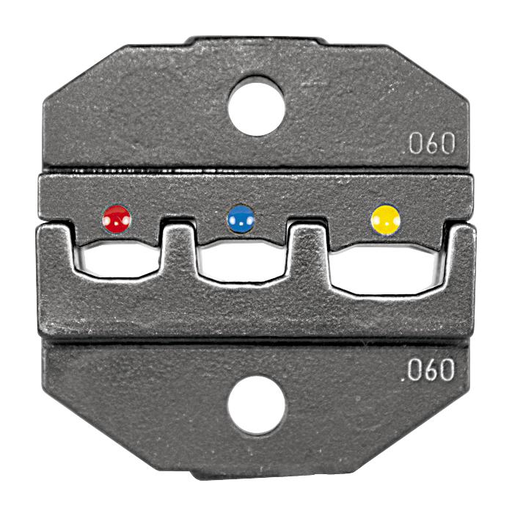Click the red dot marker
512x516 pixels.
117,218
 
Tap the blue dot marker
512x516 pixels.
241,219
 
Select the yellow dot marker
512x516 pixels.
385,218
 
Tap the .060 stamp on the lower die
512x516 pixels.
429,370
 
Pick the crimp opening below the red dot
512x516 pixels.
117,261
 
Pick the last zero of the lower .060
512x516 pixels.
446,370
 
